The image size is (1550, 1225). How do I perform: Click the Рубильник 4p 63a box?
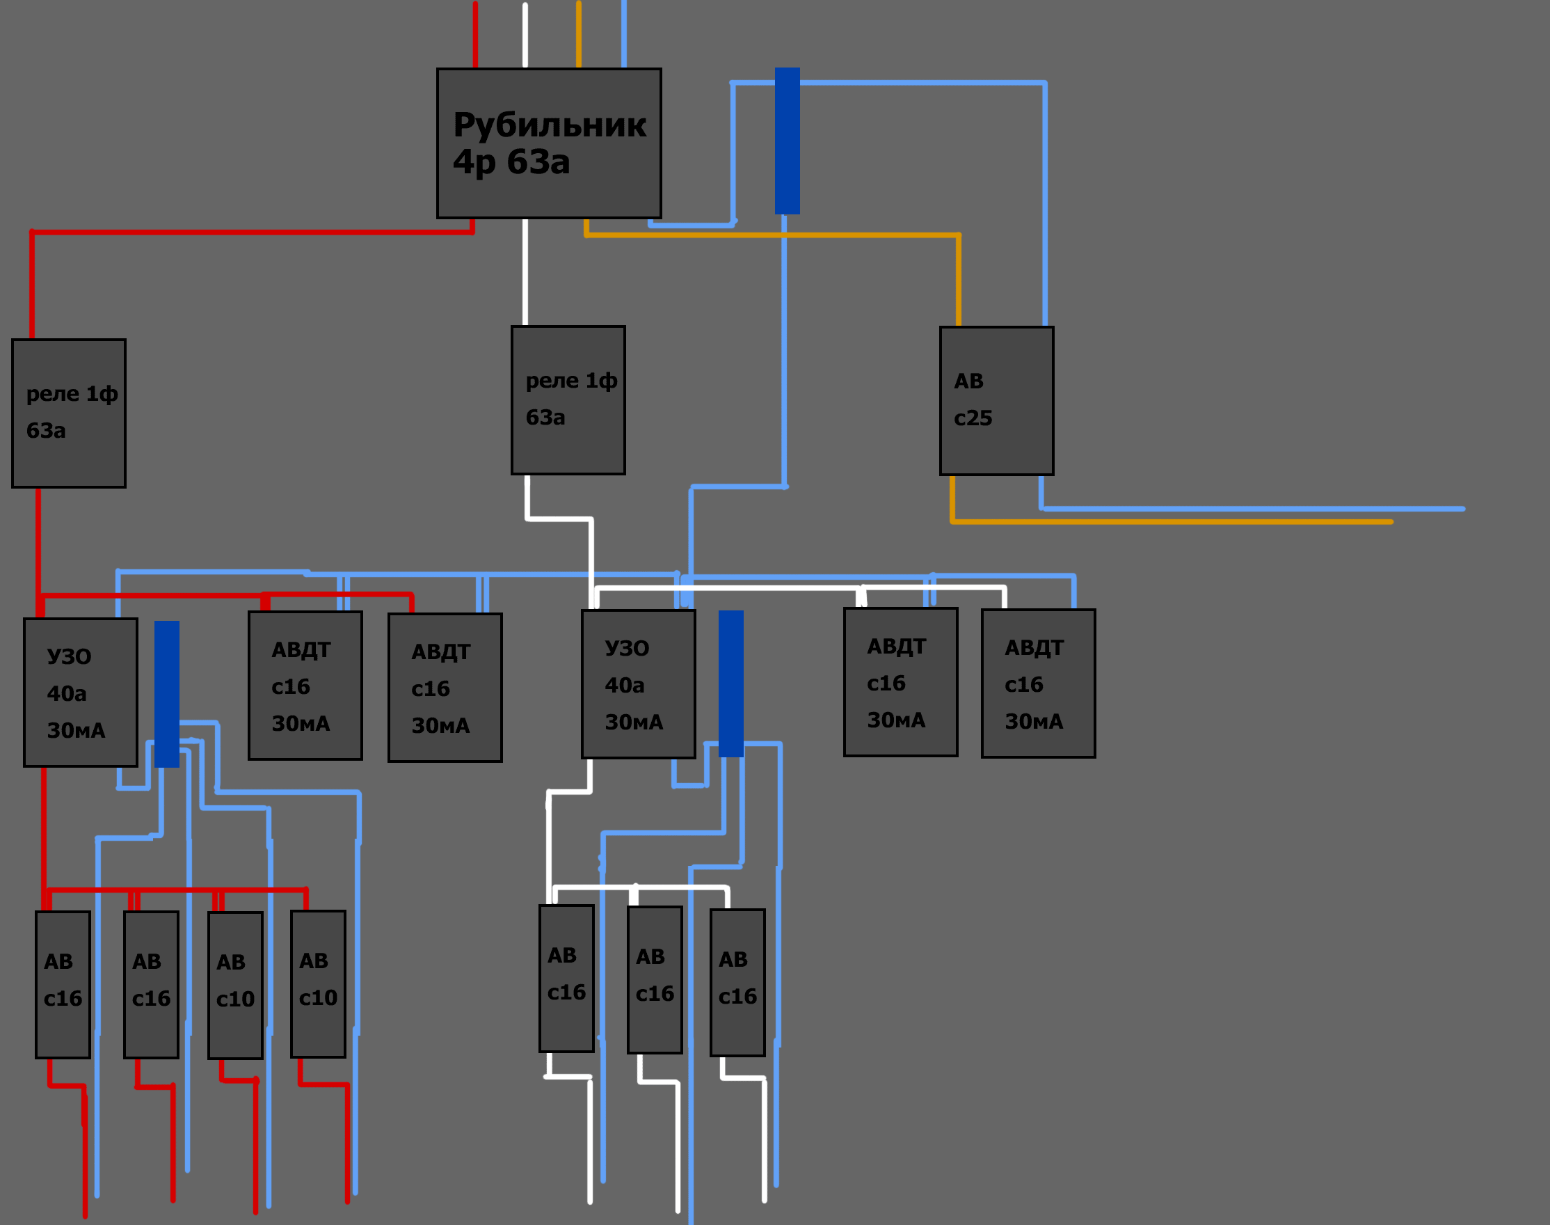point(549,143)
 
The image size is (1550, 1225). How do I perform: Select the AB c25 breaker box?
point(996,401)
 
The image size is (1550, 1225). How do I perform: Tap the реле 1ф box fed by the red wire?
point(69,414)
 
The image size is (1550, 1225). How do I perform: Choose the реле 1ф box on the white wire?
point(568,400)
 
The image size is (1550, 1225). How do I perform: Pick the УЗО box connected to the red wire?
point(80,693)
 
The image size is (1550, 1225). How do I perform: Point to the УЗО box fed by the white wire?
point(638,684)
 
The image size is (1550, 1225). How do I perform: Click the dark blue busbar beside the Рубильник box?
point(788,141)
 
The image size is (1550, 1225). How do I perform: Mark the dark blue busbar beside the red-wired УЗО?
point(167,694)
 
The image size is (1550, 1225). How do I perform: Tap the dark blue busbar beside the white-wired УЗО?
point(731,683)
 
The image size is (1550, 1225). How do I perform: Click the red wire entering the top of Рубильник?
point(475,34)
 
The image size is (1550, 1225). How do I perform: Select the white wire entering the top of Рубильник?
point(525,34)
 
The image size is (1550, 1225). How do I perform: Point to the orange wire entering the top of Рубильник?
point(579,34)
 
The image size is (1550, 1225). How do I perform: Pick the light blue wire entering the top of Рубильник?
point(624,34)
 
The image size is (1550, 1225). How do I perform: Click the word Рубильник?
point(550,125)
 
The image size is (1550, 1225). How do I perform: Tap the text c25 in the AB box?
point(973,418)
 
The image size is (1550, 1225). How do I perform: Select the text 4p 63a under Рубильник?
point(511,162)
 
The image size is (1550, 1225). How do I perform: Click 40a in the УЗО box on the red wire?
point(67,693)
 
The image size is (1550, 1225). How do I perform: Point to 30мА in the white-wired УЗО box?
point(634,722)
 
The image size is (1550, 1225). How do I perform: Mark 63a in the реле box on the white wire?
point(545,418)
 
